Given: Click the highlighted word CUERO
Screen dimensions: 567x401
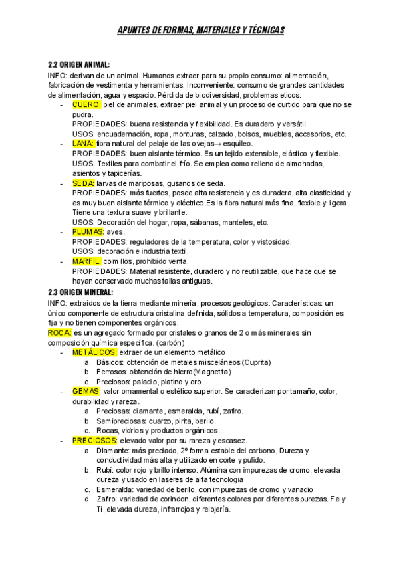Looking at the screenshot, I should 86,104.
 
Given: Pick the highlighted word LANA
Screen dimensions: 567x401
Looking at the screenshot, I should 83,143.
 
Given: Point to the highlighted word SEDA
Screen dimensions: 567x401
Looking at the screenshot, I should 83,183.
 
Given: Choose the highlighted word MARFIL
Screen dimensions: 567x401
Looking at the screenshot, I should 86,261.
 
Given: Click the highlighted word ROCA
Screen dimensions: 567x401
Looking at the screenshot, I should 59,332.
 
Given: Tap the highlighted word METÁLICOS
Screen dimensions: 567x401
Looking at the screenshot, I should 94,352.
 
